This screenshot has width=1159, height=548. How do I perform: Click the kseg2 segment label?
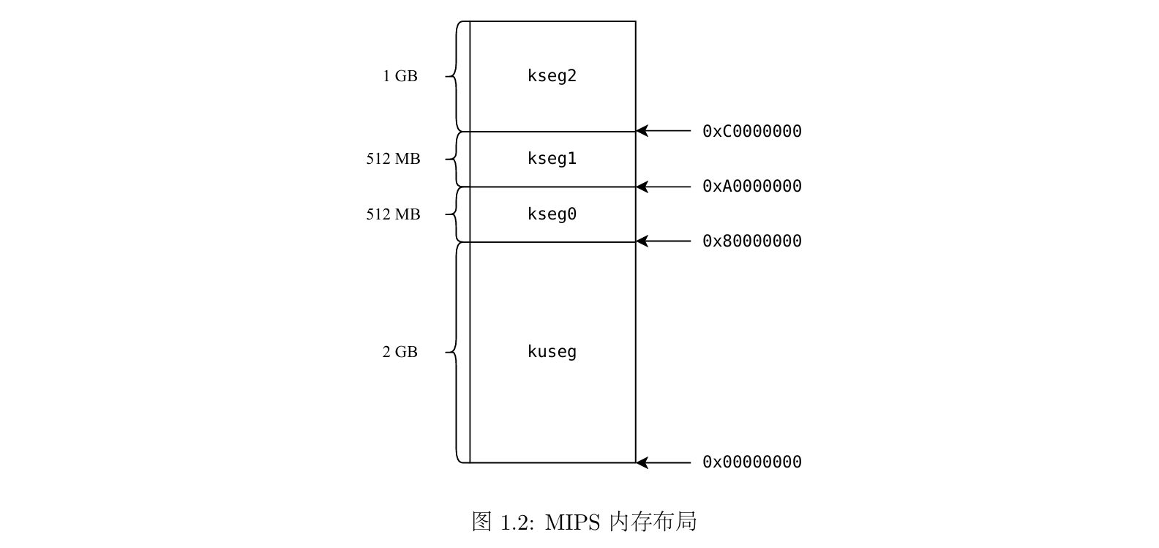coord(552,76)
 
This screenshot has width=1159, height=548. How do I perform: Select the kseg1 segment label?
coord(552,159)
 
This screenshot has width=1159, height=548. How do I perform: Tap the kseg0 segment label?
coord(552,214)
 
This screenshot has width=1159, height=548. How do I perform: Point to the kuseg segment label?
coord(552,352)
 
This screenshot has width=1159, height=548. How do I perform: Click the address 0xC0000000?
coord(751,132)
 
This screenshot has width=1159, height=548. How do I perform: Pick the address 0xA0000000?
coord(751,187)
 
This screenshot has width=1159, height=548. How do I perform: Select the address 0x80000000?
coord(751,241)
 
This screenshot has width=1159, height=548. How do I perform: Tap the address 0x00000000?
coord(751,462)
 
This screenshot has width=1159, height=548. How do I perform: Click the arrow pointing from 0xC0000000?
coord(663,132)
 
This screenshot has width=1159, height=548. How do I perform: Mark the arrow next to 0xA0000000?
coord(663,187)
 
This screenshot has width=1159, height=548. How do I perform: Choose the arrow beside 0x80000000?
coord(663,241)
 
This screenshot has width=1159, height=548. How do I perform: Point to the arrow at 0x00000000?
coord(663,462)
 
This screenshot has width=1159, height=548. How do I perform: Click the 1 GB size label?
coord(400,76)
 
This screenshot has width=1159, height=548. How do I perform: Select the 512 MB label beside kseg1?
coord(393,159)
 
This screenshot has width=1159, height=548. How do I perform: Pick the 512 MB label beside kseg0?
coord(393,214)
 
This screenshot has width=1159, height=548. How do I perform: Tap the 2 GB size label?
coord(400,352)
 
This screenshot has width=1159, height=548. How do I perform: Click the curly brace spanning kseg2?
coord(454,76)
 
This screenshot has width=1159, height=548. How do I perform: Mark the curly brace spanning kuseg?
coord(454,352)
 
